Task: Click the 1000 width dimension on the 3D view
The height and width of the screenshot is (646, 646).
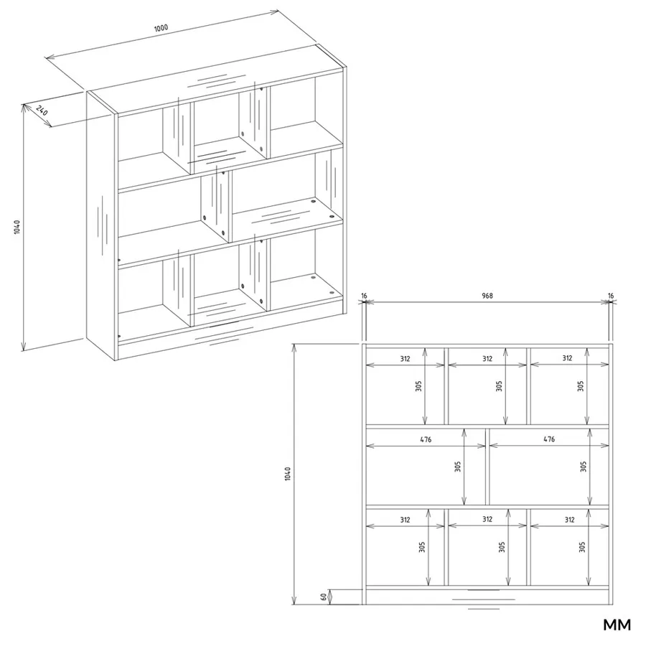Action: point(161,28)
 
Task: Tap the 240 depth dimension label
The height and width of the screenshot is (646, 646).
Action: point(42,111)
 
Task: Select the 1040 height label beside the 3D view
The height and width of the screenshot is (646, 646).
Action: point(17,227)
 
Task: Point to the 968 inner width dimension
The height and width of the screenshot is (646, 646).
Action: point(487,296)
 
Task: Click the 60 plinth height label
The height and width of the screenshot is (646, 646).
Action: point(324,596)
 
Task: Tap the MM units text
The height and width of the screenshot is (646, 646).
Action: point(617,624)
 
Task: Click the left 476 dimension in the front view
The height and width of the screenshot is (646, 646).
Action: point(426,439)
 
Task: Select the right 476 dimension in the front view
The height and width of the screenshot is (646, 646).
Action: point(549,439)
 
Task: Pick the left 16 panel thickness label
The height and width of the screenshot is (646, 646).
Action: point(364,296)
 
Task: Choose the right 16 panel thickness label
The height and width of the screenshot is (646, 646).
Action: point(611,296)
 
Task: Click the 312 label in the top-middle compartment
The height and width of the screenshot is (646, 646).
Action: point(487,358)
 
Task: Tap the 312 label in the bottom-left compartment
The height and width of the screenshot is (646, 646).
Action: point(405,520)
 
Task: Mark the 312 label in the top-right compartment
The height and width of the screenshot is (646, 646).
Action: point(567,358)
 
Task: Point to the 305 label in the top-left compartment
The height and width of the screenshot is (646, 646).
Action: point(418,386)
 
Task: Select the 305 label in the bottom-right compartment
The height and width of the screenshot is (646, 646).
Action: point(581,547)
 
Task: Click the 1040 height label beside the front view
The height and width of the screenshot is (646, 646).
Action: point(288,474)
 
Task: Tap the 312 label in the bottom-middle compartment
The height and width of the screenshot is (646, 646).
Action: point(487,519)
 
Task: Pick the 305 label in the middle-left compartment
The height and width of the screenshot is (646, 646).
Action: point(458,467)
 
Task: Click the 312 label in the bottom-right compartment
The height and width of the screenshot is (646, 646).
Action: point(569,520)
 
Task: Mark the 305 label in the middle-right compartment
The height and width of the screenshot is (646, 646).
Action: point(584,467)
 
